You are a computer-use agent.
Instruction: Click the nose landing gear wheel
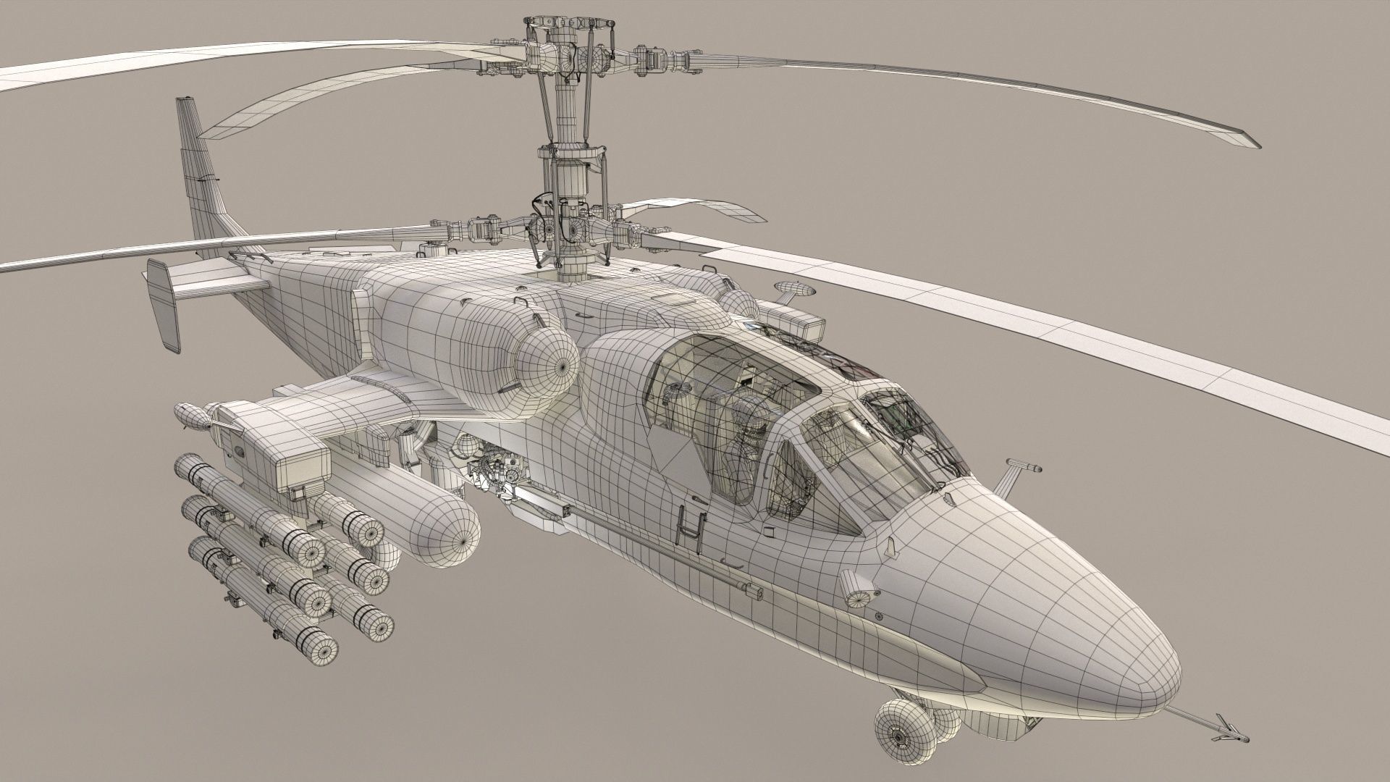point(898,738)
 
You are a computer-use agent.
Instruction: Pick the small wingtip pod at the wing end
point(190,416)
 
